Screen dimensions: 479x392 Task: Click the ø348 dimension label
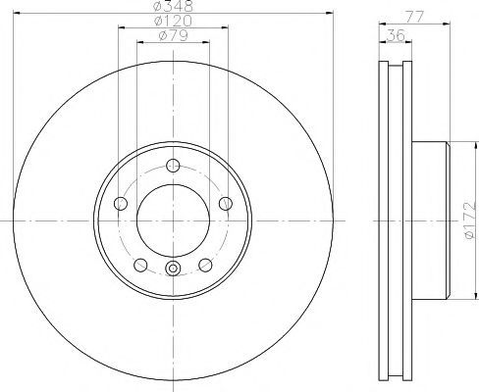174,6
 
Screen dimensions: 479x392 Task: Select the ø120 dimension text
174,21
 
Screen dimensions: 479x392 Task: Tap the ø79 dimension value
173,35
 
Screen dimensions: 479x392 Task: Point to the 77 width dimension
414,17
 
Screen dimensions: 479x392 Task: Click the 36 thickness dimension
396,35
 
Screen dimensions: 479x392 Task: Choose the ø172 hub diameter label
471,220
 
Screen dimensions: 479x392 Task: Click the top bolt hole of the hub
173,166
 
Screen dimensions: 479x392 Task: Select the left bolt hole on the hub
121,204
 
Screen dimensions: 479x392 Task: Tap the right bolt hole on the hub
226,204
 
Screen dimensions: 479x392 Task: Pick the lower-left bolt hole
140,265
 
